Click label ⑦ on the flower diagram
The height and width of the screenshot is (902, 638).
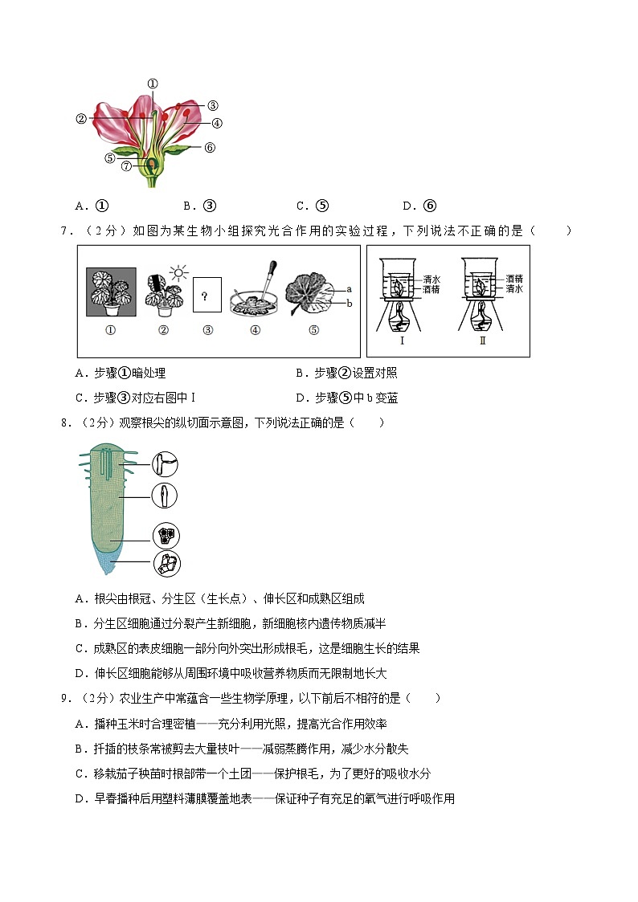126,166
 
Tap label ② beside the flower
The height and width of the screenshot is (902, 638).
81,119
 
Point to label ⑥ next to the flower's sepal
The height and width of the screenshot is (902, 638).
210,147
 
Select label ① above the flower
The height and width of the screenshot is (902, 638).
153,84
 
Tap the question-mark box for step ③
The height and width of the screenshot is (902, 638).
207,297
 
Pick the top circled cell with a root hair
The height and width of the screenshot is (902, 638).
166,464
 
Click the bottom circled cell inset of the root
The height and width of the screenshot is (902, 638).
166,565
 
